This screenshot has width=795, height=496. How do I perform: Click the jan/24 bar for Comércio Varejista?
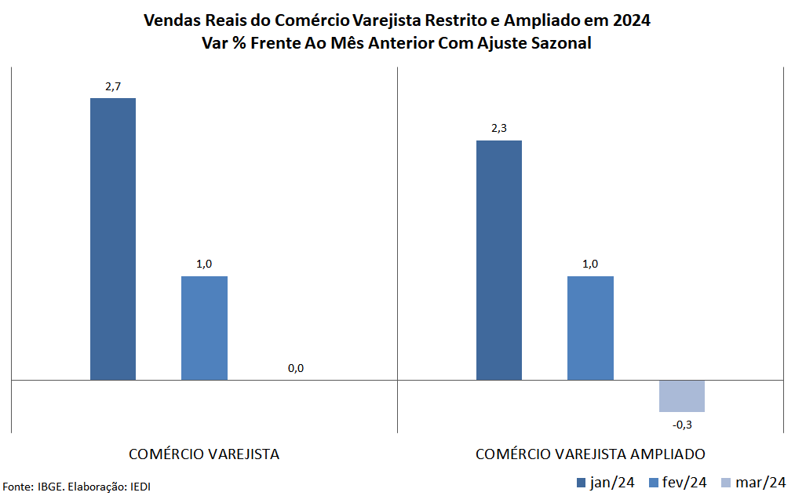(113, 239)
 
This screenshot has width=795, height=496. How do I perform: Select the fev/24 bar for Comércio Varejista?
(204, 328)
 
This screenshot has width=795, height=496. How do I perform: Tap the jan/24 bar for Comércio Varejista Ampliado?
(499, 261)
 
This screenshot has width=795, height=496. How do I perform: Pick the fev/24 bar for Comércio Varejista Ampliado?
(590, 328)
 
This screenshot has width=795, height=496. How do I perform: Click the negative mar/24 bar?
(682, 396)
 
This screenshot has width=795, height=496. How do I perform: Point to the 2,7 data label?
(113, 86)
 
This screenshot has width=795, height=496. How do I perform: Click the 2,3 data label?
(499, 128)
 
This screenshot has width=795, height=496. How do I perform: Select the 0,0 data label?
(296, 368)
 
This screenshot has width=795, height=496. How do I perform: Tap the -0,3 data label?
(682, 424)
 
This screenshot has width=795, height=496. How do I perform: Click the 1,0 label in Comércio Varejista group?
(204, 264)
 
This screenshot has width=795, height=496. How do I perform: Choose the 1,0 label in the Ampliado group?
(590, 264)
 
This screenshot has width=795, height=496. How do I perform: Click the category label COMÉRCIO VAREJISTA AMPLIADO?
(590, 454)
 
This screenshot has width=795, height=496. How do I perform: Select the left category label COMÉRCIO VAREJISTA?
(204, 454)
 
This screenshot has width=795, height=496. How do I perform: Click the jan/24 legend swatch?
(581, 483)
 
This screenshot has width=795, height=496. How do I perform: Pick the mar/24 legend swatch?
(727, 483)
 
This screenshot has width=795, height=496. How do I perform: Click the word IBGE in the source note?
(51, 487)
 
